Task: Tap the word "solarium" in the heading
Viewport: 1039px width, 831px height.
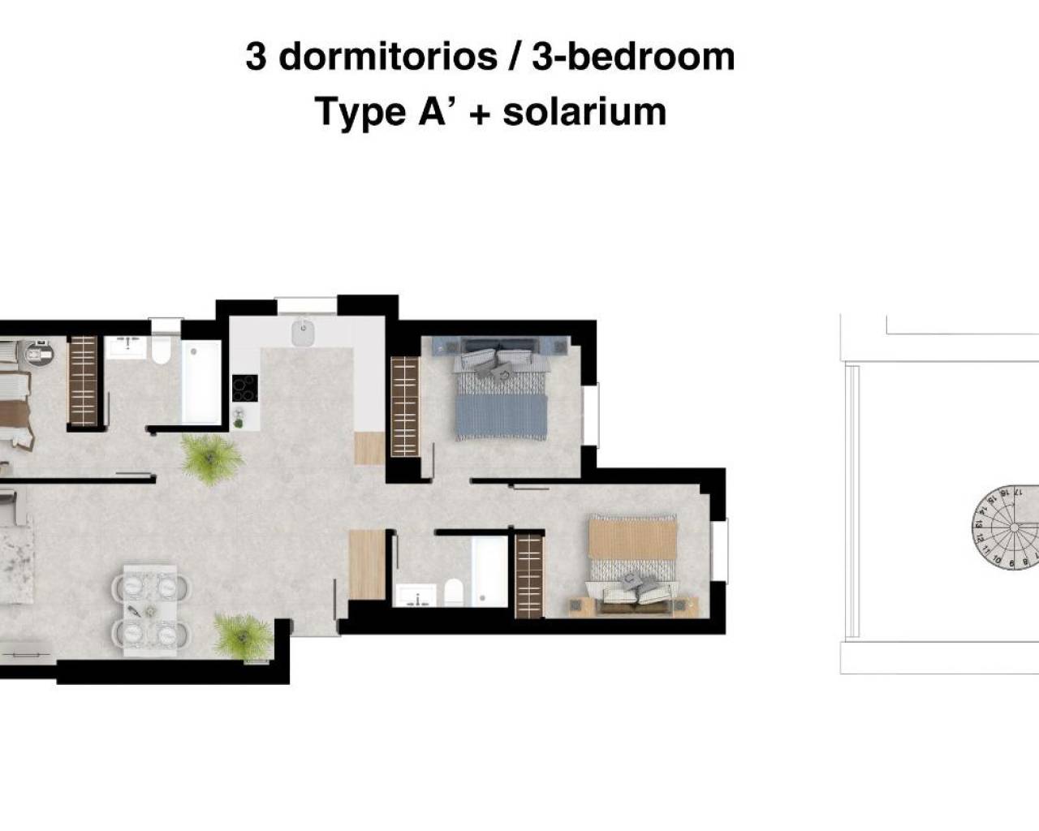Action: tap(584, 112)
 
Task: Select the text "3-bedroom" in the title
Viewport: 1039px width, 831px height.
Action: tap(634, 58)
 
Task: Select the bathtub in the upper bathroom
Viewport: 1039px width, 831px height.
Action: tap(200, 381)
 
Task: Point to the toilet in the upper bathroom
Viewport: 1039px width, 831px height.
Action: tap(160, 350)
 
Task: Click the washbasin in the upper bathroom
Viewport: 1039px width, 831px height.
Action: tap(126, 347)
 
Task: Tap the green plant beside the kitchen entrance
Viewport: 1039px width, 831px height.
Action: tap(210, 459)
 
